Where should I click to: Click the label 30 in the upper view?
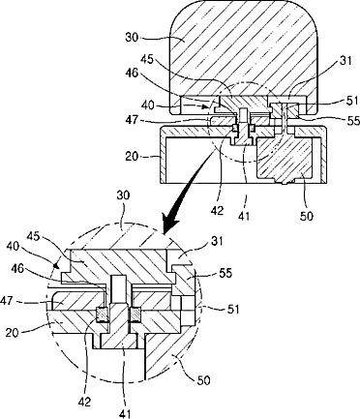coord(132,38)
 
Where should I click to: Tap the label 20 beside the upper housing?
coord(132,157)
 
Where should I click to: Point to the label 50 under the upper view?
coord(306,216)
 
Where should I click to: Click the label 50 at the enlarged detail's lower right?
coord(203,380)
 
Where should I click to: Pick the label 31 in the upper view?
coord(345,61)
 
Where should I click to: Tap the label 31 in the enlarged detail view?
coord(217,241)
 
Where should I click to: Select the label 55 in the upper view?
coord(353,121)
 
